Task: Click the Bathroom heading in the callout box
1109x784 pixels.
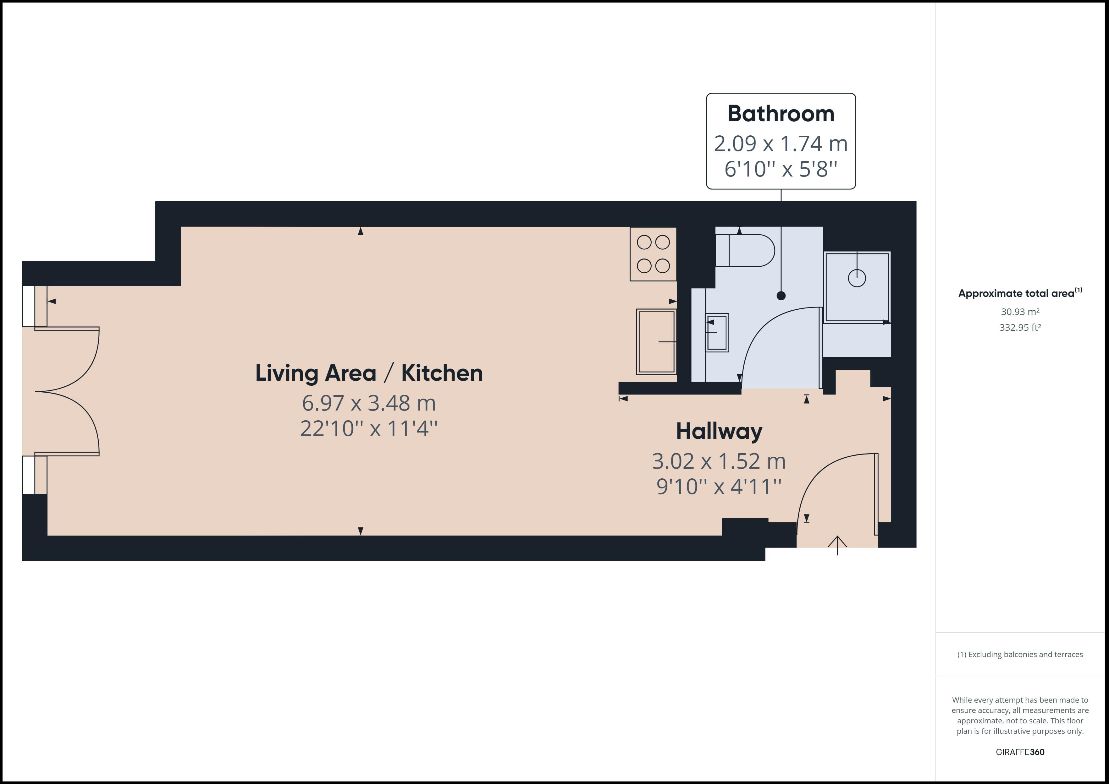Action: pos(781,114)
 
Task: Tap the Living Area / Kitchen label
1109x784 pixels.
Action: pos(368,373)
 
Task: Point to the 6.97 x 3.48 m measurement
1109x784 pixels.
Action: pos(368,403)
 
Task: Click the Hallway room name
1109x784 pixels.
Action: pos(719,431)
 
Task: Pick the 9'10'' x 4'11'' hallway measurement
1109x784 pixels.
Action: pos(719,487)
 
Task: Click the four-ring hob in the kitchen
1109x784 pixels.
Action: pos(653,254)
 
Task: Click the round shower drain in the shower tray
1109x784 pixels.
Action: pos(856,278)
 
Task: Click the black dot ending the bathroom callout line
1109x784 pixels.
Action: pos(781,296)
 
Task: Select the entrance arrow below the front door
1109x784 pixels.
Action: pos(837,546)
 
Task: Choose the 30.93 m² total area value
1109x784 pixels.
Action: pos(1020,312)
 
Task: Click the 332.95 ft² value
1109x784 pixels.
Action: pos(1020,327)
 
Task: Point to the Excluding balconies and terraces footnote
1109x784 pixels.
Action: pos(1020,655)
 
